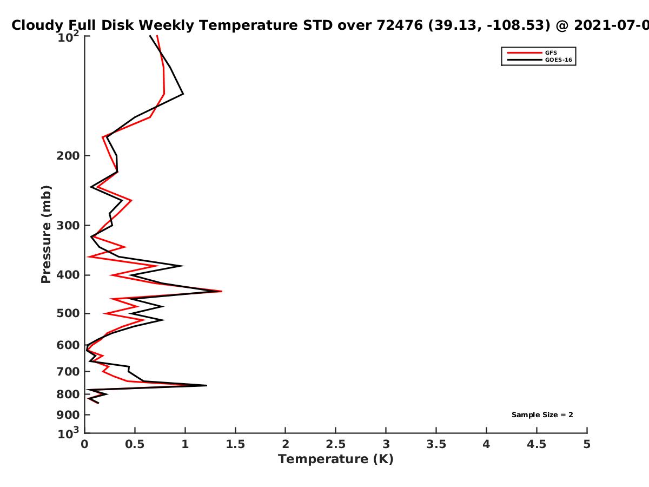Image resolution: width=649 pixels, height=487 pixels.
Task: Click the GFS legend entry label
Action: pos(551,52)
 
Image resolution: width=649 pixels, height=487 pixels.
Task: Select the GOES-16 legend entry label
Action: pos(559,60)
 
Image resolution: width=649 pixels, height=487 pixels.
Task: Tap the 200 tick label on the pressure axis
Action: pos(68,155)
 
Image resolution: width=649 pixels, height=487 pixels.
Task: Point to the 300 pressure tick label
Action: pos(68,226)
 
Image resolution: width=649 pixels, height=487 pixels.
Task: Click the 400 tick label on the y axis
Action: pos(68,275)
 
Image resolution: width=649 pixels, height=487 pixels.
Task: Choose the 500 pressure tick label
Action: pos(68,313)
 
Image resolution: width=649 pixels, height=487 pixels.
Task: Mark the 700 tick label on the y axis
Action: pos(68,371)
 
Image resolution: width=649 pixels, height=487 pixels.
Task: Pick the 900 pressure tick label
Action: pos(68,415)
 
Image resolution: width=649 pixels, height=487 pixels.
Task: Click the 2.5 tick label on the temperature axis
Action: pos(336,444)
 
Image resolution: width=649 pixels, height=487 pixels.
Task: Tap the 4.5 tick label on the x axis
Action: pos(537,444)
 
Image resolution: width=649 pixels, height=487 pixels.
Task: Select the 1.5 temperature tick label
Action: pos(235,444)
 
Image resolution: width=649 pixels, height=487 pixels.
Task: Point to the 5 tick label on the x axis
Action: pos(587,444)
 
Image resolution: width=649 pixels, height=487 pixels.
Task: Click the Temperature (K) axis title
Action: pos(336,459)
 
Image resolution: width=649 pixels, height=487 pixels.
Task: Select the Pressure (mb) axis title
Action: pos(46,234)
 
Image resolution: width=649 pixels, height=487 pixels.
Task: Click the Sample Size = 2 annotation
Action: pos(542,415)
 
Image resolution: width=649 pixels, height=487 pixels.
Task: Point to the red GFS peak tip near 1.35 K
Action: pos(222,291)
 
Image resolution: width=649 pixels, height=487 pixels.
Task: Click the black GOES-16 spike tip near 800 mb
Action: pos(207,385)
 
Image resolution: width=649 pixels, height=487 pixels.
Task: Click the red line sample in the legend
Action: pos(525,52)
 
